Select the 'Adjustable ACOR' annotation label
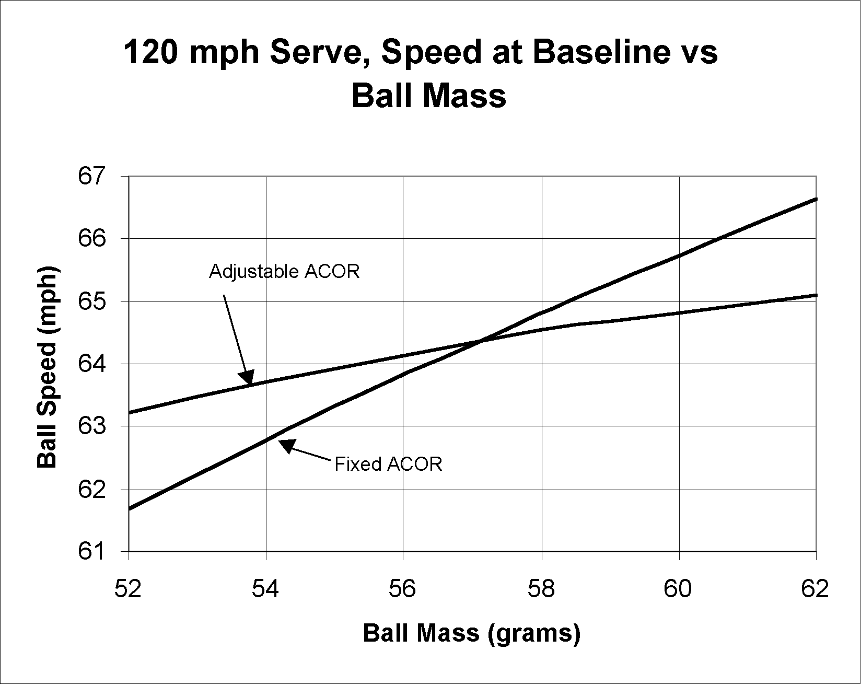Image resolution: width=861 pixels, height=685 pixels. (284, 272)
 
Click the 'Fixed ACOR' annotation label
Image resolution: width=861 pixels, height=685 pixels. (388, 464)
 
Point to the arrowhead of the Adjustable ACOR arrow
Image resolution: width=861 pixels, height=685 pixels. (247, 377)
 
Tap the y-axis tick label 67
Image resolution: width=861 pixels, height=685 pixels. (92, 176)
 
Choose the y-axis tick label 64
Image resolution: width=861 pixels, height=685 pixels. (92, 364)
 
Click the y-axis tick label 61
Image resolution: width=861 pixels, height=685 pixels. (92, 552)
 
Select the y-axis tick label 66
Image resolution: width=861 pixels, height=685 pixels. (92, 239)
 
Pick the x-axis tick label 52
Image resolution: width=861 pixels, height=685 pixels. (129, 589)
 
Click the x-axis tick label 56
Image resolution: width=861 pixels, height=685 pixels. (403, 589)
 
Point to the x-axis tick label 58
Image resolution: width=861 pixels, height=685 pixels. (541, 589)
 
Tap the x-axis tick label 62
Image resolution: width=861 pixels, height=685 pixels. (815, 589)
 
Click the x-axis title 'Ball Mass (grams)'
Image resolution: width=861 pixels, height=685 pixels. (471, 633)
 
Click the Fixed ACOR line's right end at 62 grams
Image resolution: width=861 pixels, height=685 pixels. (816, 199)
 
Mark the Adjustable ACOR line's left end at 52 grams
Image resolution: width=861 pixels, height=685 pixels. (129, 413)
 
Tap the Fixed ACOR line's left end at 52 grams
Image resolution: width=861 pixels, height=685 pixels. (129, 508)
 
